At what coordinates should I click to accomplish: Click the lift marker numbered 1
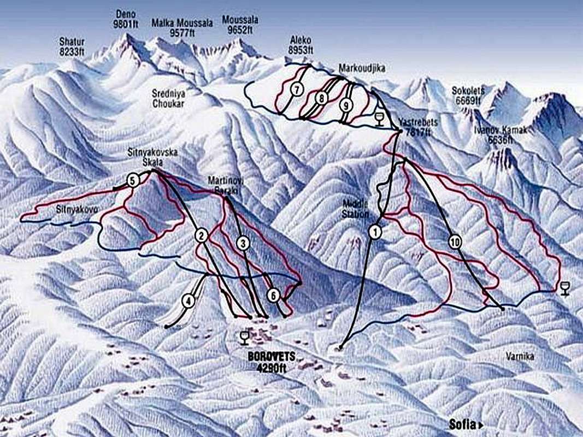pos(375,232)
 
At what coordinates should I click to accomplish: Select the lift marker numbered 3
pos(244,243)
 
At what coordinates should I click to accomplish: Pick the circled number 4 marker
pos(189,300)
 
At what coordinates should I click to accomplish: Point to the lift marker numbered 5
pos(133,180)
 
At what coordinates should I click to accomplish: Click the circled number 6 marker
pos(274,295)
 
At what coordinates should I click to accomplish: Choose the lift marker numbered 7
pos(297,90)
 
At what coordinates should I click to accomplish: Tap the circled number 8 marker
pos(321,98)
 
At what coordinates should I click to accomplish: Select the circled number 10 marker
pos(455,242)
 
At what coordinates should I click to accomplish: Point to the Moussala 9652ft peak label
pos(240,25)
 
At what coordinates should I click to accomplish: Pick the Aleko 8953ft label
pos(301,45)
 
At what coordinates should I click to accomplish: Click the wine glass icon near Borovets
pos(244,338)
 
